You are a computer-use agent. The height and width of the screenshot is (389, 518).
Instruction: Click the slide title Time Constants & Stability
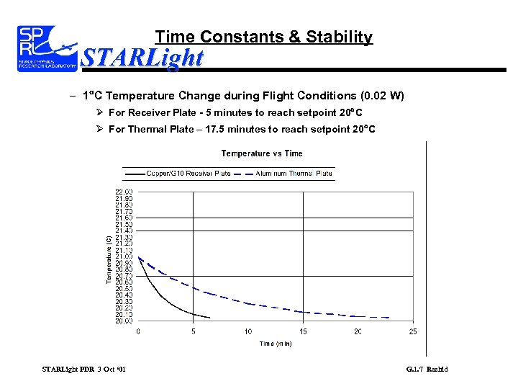click(264, 37)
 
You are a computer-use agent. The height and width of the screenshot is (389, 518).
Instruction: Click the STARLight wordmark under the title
click(142, 57)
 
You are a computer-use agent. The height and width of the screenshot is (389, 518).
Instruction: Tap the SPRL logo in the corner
click(47, 48)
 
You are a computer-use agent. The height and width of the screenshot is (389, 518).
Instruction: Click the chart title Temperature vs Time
click(262, 153)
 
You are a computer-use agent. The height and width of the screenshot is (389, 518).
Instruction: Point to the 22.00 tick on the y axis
click(124, 192)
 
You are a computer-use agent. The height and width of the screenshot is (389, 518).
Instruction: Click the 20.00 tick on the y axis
click(124, 321)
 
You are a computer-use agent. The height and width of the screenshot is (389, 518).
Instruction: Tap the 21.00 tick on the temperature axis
click(124, 256)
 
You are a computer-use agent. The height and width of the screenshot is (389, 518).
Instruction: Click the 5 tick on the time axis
click(194, 331)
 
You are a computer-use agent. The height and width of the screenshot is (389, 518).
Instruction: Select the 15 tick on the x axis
click(304, 331)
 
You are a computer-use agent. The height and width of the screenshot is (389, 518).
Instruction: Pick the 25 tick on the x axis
click(413, 331)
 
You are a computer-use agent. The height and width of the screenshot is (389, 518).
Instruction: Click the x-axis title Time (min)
click(276, 344)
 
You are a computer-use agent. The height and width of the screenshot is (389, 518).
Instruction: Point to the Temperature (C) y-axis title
click(109, 258)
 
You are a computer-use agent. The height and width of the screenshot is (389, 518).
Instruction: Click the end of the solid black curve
click(209, 318)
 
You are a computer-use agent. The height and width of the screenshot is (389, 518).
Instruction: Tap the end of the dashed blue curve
click(389, 318)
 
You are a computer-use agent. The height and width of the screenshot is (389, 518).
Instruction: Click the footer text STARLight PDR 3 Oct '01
click(84, 370)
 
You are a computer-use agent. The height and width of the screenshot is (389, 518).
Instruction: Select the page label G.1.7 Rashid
click(427, 370)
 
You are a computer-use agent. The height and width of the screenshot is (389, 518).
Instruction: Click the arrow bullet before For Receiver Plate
click(99, 112)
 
